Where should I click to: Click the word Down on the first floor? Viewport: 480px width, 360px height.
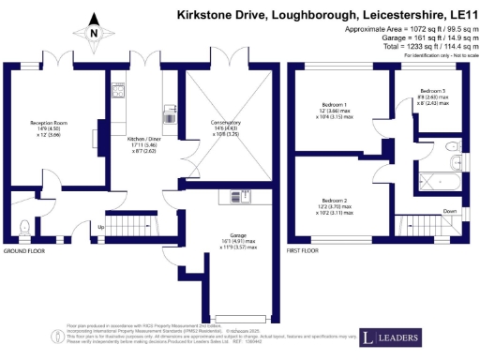coord(450,211)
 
